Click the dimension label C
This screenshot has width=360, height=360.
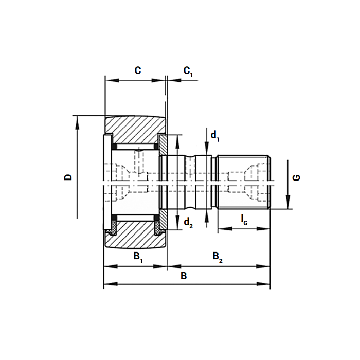pyautogui.click(x=137, y=70)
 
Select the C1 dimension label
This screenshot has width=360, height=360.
pyautogui.click(x=188, y=71)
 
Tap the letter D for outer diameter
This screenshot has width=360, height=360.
pyautogui.click(x=68, y=177)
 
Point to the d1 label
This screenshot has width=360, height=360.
pyautogui.click(x=215, y=136)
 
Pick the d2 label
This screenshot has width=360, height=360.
pyautogui.click(x=188, y=223)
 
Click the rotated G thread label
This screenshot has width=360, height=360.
pyautogui.click(x=296, y=177)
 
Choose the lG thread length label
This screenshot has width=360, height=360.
pyautogui.click(x=244, y=219)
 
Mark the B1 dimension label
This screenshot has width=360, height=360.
pyautogui.click(x=138, y=257)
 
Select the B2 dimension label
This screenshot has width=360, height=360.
pyautogui.click(x=218, y=257)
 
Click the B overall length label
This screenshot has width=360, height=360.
pyautogui.click(x=184, y=276)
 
